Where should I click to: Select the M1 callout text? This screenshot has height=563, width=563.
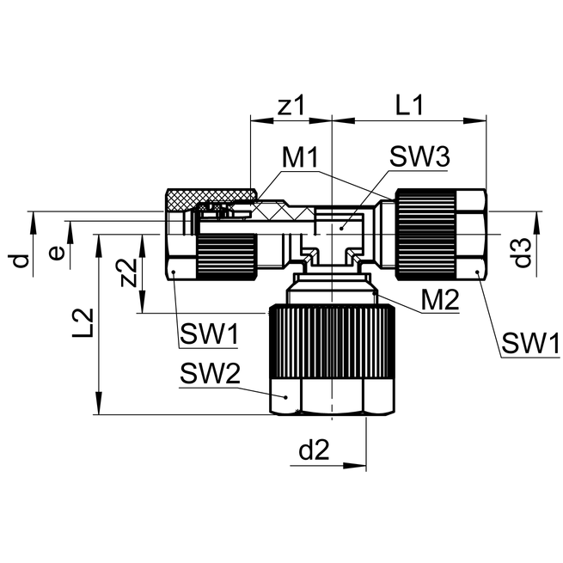click(301, 158)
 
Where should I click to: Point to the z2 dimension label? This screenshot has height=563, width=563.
click(128, 273)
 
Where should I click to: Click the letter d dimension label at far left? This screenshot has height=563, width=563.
click(23, 259)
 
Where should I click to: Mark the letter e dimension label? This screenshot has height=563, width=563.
click(56, 253)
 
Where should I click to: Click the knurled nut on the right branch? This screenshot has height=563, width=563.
click(425, 235)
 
